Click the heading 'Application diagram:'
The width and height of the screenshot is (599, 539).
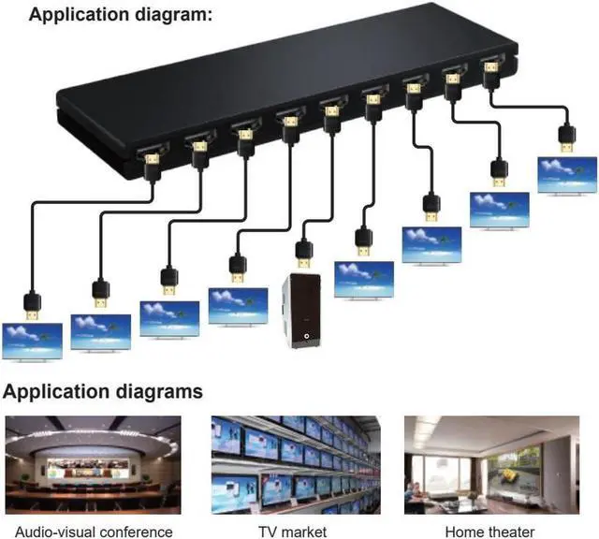pyautogui.click(x=121, y=16)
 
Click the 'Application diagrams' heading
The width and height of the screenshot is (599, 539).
pyautogui.click(x=102, y=391)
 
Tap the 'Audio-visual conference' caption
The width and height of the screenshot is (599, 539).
pyautogui.click(x=89, y=532)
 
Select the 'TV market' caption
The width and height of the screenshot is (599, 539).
pyautogui.click(x=292, y=532)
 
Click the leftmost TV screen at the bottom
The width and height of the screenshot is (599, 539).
pyautogui.click(x=33, y=340)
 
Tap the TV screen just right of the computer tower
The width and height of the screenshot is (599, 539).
pyautogui.click(x=364, y=278)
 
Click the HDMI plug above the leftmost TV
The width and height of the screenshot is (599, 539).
pyautogui.click(x=33, y=304)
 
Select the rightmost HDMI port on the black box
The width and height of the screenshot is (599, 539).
pyautogui.click(x=489, y=68)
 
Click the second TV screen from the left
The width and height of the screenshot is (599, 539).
pyautogui.click(x=101, y=330)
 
